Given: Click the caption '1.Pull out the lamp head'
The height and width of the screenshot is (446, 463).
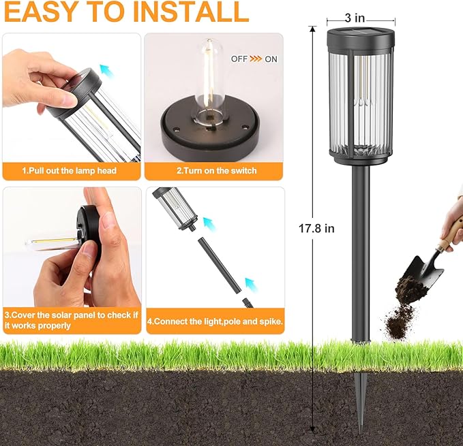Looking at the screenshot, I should click(x=70, y=170).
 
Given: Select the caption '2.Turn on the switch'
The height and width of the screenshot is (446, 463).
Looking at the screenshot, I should click(x=216, y=170).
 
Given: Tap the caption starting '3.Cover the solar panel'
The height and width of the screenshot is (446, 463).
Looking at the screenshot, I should click(x=71, y=321).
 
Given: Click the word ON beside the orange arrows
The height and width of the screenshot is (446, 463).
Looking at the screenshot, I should click(x=271, y=59).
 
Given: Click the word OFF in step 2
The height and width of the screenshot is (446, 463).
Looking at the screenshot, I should click(x=239, y=59).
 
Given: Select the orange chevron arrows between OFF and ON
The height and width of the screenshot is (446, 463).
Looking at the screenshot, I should click(x=256, y=59).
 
